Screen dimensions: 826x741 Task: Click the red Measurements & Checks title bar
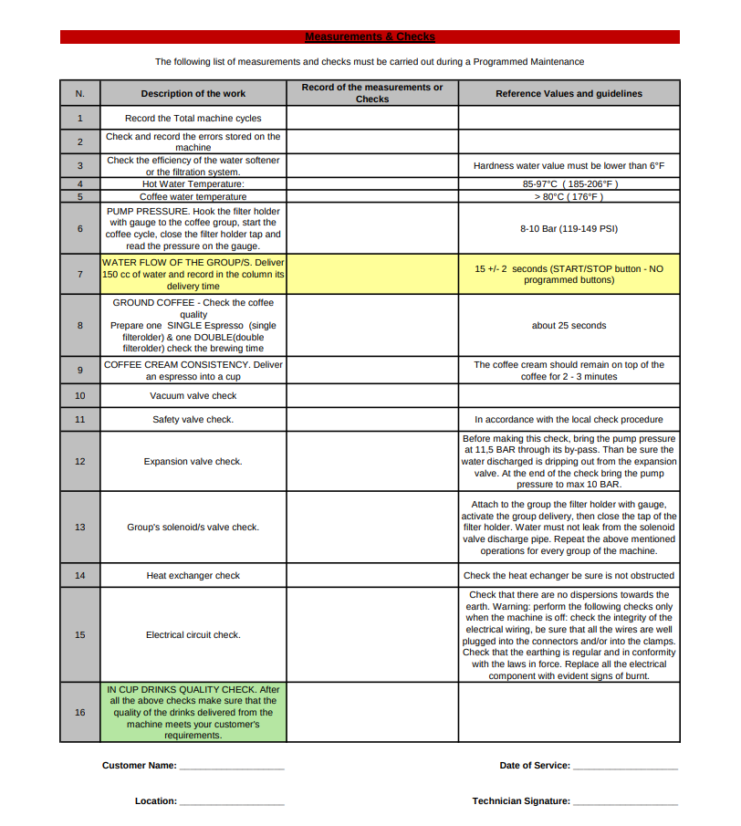(x=370, y=37)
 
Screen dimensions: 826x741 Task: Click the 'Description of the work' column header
(x=193, y=93)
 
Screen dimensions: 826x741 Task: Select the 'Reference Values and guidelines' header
(x=569, y=93)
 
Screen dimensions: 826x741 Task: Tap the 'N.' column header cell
(x=79, y=93)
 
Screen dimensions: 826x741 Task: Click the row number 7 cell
(x=79, y=274)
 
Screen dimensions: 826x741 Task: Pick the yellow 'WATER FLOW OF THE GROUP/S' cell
(x=193, y=274)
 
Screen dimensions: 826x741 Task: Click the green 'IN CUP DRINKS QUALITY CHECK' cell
(x=193, y=712)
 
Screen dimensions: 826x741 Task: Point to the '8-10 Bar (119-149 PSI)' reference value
(x=569, y=228)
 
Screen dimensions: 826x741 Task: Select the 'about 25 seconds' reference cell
(x=569, y=325)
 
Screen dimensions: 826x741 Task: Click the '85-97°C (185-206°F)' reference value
(x=569, y=183)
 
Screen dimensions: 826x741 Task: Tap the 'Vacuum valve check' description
(x=193, y=395)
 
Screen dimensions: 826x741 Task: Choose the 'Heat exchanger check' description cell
(x=193, y=575)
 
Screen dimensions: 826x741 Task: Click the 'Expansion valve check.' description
(x=193, y=461)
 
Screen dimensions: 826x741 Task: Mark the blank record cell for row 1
(x=372, y=118)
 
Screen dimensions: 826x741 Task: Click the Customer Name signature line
(x=232, y=767)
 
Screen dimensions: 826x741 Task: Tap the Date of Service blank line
(x=625, y=767)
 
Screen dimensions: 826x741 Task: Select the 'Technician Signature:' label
(x=521, y=800)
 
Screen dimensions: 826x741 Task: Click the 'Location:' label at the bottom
(x=156, y=800)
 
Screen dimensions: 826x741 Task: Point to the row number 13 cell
(x=79, y=527)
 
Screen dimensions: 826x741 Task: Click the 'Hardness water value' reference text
(x=569, y=165)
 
